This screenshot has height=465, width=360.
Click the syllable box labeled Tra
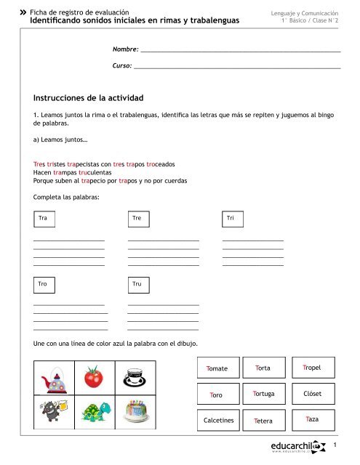(x=44, y=219)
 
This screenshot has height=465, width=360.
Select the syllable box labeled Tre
(x=137, y=219)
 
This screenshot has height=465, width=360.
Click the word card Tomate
(x=217, y=368)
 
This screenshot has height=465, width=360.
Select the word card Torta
(x=263, y=368)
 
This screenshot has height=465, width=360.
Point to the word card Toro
(x=217, y=395)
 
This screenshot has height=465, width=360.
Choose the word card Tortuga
(x=263, y=394)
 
